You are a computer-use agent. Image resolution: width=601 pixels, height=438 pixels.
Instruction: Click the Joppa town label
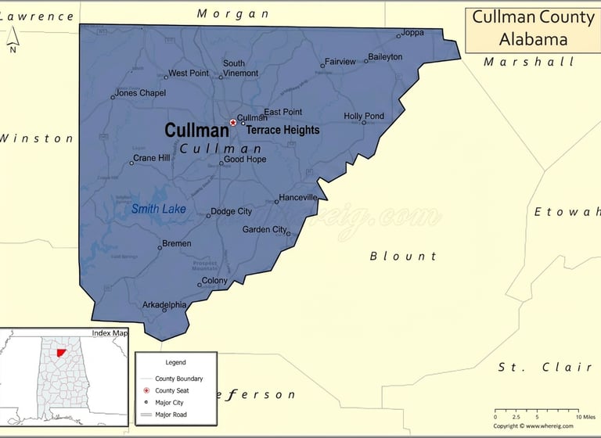pos(412,33)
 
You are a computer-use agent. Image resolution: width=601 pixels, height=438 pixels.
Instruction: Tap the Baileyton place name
pos(385,57)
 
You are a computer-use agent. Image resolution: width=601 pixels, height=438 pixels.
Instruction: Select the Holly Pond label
pos(364,117)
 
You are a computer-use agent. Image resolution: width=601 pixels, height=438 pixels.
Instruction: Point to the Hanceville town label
pos(298,197)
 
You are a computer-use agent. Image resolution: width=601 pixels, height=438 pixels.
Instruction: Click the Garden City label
pos(265,230)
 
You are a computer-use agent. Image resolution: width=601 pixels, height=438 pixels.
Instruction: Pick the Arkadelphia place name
pos(164,305)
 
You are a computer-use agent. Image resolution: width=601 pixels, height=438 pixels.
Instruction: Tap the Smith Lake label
pos(159,209)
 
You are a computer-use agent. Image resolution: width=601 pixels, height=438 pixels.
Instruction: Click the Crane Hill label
pos(151,158)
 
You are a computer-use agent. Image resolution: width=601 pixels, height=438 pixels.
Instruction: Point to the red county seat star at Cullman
pos(232,122)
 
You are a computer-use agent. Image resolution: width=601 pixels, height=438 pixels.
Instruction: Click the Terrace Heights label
pos(283,131)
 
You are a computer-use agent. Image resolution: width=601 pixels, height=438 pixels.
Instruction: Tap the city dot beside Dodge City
pos(208,216)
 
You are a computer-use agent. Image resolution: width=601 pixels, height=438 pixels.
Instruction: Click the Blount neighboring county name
pos(403,256)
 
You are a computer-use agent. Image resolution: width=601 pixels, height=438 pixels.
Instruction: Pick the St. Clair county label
pos(545,367)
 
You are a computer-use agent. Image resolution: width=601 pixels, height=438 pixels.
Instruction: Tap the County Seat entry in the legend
pos(171,390)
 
